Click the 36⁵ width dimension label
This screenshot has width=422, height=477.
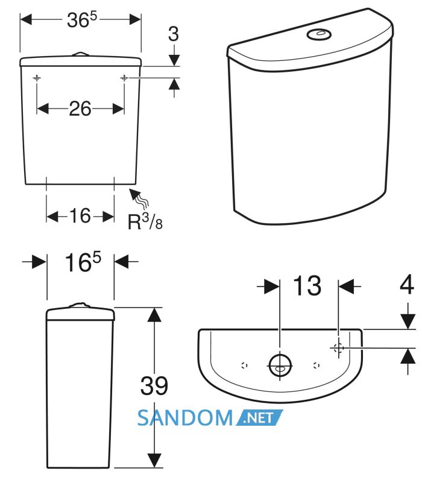[81, 20]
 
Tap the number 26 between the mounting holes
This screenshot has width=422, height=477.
[80, 109]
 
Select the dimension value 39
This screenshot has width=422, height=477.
[154, 386]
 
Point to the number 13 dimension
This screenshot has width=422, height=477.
[307, 286]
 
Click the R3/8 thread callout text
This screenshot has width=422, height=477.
[145, 221]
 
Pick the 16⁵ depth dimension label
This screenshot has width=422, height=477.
[83, 262]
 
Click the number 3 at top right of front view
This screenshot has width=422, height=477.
[174, 34]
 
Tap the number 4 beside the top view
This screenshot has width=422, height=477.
[406, 285]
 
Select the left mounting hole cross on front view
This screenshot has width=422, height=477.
[37, 78]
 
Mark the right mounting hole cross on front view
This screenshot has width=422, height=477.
[124, 78]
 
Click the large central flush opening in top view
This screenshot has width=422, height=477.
[280, 365]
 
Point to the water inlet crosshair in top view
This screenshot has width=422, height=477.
[338, 348]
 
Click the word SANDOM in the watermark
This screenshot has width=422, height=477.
[185, 418]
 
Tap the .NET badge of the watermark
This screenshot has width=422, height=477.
[259, 417]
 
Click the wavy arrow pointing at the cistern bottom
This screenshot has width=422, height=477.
[139, 197]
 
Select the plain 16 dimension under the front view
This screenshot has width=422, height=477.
[80, 216]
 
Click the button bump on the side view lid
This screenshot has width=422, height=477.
[80, 305]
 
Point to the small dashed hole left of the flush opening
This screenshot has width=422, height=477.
[244, 365]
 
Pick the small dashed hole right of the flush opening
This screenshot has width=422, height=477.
[316, 365]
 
